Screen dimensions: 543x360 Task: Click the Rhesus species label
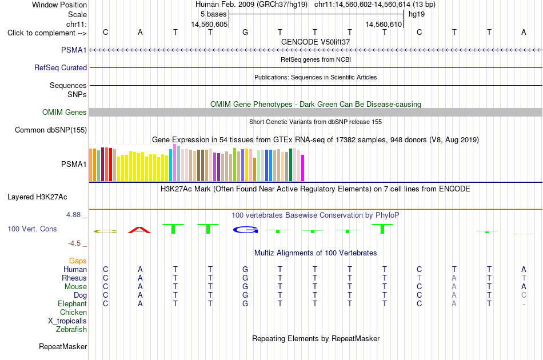tap(74, 278)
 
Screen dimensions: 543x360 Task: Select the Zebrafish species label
tap(71, 329)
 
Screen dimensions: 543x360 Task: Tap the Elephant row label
tap(72, 303)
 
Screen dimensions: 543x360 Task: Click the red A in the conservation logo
tap(139, 230)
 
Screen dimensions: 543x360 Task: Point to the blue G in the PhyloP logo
tap(246, 230)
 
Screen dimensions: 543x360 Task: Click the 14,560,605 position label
tap(210, 24)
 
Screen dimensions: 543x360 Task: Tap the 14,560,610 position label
tap(384, 24)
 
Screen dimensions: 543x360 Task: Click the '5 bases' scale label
tap(213, 14)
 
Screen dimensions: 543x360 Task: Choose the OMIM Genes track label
tap(65, 112)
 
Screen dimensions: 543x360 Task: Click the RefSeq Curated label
tap(61, 67)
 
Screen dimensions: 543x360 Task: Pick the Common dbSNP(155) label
tap(51, 130)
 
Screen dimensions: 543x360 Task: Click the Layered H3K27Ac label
tap(37, 197)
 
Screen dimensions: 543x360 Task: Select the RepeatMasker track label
tap(63, 346)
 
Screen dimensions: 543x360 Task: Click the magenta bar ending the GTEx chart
tap(303, 168)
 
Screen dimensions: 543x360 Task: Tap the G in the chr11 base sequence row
tap(245, 32)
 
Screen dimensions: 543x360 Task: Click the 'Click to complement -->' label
tap(47, 33)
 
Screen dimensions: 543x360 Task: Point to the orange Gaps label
tap(78, 261)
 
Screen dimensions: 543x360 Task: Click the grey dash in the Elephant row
tap(524, 304)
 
